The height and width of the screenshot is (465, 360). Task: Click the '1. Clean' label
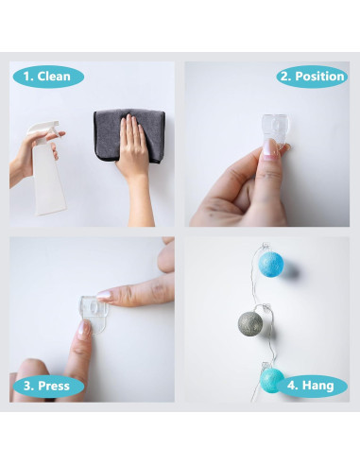pos(47,77)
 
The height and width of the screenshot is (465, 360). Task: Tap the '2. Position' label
pos(312,77)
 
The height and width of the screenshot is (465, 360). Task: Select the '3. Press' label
pos(47,386)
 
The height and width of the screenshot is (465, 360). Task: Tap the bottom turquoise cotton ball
pos(272,380)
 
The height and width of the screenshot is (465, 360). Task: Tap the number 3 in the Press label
pos(26,386)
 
